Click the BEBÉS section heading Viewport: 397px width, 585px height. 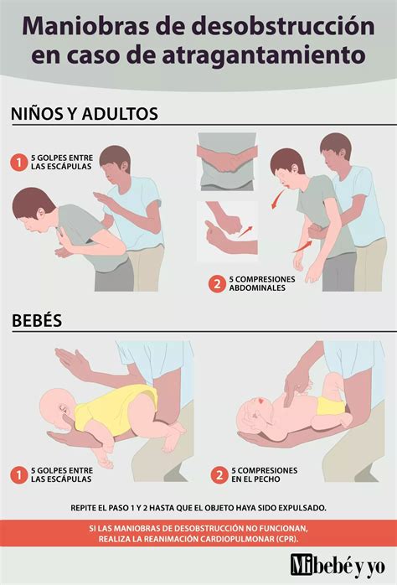(x=39, y=320)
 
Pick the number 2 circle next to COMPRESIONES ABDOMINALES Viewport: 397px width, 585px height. (x=217, y=283)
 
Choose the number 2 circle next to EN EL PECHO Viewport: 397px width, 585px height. (x=219, y=475)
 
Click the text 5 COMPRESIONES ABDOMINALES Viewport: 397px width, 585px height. (x=262, y=283)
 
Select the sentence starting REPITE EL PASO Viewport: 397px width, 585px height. (x=198, y=508)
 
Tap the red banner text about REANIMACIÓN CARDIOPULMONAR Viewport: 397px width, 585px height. (x=198, y=533)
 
